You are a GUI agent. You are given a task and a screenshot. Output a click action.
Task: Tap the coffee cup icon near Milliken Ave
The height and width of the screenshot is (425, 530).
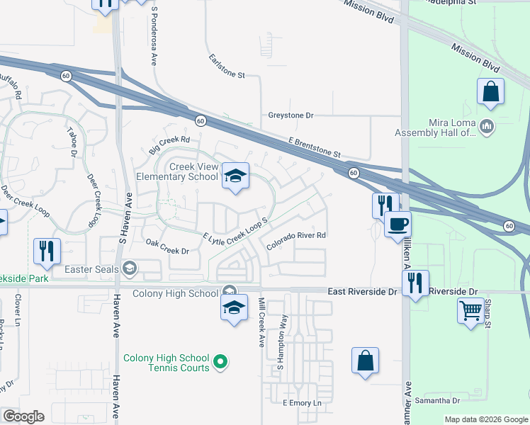pos(397,224)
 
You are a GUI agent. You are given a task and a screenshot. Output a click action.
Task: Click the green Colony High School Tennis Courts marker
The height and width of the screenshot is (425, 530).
pos(220,363)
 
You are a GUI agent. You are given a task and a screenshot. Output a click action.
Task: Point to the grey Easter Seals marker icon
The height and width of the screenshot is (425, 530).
pos(129,268)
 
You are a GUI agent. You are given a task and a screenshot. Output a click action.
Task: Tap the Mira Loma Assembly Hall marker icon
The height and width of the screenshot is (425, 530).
pos(486,127)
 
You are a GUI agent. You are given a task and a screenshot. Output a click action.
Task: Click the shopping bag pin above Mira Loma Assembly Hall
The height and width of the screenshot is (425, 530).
pos(490,92)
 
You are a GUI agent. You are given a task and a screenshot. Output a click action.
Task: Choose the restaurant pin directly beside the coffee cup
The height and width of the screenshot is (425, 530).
pos(385,205)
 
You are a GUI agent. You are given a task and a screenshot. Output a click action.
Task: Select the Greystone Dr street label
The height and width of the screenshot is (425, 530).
pos(291,115)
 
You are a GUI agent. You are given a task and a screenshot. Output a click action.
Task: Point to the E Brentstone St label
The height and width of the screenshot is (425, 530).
pos(315,148)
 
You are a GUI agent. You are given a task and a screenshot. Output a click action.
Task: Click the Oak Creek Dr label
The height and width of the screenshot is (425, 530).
pos(167,246)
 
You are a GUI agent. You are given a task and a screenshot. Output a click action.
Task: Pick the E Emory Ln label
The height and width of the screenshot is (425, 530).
pos(302,403)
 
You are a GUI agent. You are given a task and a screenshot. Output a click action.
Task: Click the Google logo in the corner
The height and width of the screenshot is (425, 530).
pos(23,416)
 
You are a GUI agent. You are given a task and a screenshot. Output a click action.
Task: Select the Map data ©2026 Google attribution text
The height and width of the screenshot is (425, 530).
pos(485,419)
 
